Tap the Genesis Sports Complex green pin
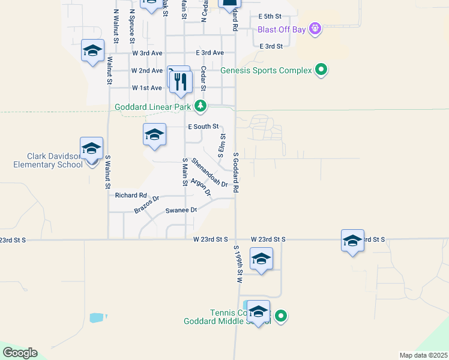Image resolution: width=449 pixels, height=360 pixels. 321,70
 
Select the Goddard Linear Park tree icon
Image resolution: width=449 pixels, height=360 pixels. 200,107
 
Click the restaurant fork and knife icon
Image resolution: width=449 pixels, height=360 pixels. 181,81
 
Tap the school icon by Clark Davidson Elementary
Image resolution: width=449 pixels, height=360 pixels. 91,148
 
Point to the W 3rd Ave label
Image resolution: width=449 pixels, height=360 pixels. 148,53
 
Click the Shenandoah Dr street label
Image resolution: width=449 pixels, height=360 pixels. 209,173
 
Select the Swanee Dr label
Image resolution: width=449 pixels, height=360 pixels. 181,211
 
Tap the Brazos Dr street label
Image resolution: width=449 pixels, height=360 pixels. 147,205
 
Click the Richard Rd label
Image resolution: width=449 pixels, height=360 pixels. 131,195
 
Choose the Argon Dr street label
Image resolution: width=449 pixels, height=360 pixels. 200,187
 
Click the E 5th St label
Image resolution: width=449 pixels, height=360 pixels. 270,17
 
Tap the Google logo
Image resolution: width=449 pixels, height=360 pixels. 20,353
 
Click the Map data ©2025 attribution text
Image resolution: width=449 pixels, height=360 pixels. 423,355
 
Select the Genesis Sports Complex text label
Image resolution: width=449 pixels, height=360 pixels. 266,70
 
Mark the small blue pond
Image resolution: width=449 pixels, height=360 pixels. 96,318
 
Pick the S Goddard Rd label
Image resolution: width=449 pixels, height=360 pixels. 237,172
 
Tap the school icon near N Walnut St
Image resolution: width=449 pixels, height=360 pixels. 93,50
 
